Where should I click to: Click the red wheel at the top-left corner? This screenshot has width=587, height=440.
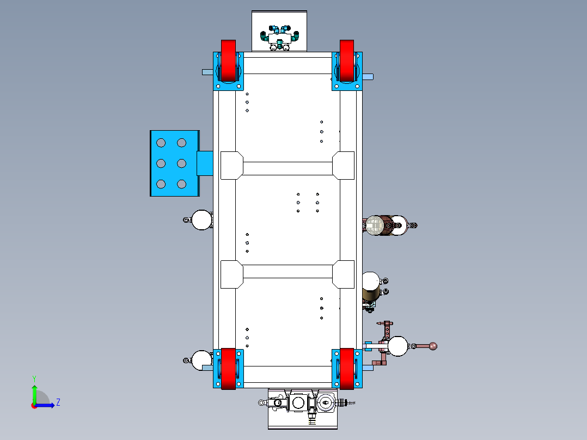coord(228,60)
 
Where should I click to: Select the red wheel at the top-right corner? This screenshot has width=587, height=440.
coord(347,60)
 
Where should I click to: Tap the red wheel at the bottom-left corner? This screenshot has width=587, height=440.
coord(228,369)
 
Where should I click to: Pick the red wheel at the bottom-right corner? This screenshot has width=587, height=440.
coord(347,369)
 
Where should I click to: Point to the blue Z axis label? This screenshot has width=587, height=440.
coord(58,402)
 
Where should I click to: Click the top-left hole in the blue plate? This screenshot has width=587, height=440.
coord(161,143)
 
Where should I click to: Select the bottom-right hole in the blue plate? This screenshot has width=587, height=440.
coord(181,184)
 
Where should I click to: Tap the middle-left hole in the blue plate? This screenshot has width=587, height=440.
coord(161,163)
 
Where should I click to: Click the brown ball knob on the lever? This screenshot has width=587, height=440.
coord(433,346)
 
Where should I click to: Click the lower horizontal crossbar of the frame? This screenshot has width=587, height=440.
coord(288,271)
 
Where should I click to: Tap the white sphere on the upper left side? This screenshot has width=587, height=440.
coord(202,219)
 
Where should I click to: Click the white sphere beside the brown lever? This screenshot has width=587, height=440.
coord(398,346)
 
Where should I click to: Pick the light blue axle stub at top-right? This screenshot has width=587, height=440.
coord(369,77)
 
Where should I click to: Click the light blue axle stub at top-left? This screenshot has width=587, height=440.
coord(207,72)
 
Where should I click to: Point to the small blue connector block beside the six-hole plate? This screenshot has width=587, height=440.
coord(204,163)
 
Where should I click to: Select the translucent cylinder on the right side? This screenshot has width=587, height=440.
coord(375,225)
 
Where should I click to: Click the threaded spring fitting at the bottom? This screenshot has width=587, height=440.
coord(346,403)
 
